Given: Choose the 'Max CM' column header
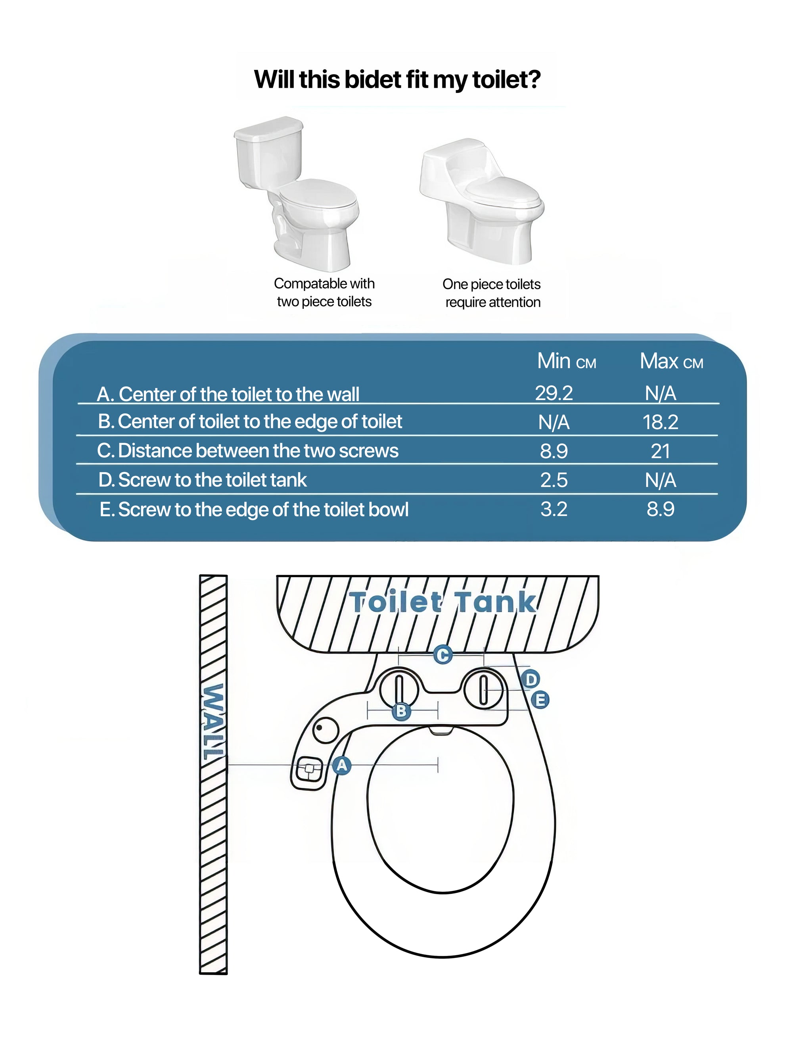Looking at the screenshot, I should point(671,362).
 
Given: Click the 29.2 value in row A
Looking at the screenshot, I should point(554,393).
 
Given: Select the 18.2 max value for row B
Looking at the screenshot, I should point(660,422).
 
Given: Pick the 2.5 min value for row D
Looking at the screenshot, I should point(554,480).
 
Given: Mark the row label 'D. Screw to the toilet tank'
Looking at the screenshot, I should point(202,480).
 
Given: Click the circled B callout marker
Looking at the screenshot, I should point(401,711).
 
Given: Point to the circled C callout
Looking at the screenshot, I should point(442,654).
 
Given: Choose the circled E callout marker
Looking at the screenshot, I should point(540,700).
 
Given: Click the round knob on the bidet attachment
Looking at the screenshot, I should point(326,730).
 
